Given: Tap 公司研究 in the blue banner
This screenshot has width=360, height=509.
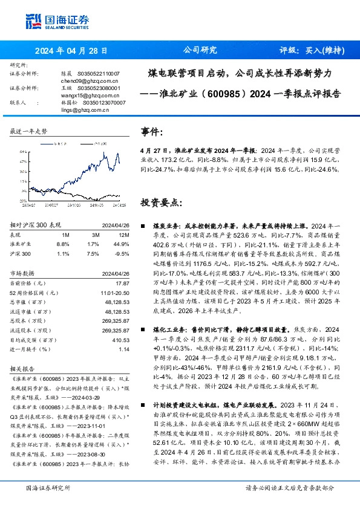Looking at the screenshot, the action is point(200,51).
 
